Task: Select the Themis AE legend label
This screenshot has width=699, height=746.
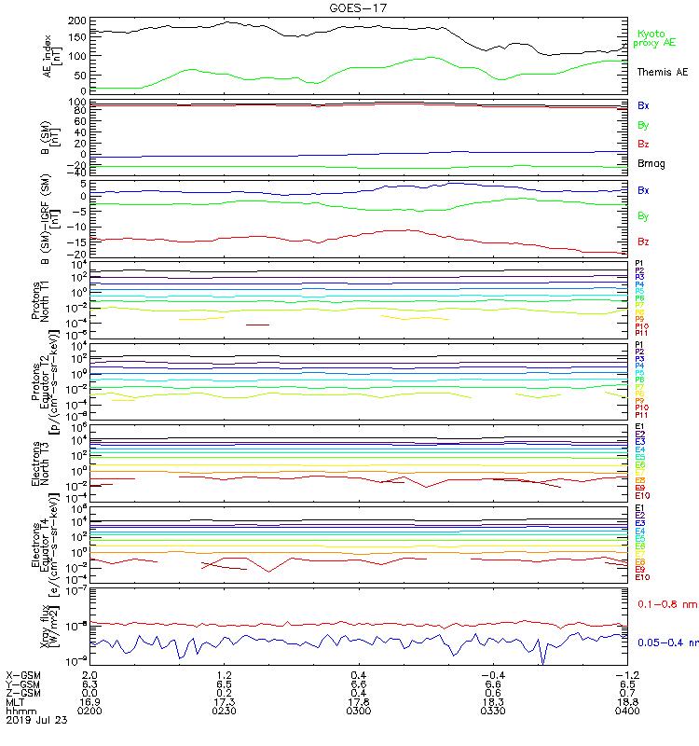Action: pos(661,72)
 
